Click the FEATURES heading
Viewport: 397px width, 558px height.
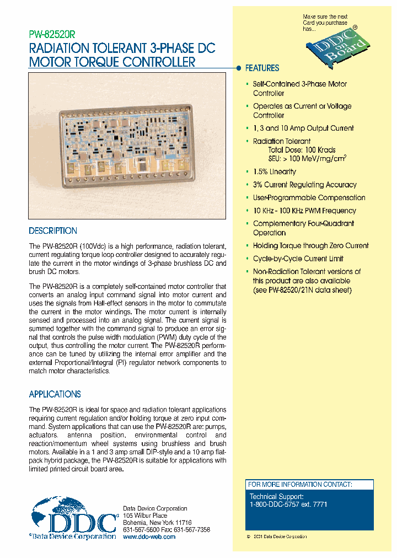pos(262,68)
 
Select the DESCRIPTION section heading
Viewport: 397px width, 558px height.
pos(53,231)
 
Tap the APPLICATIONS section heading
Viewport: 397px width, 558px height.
pos(55,394)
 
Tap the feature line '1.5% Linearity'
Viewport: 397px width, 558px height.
pos(274,172)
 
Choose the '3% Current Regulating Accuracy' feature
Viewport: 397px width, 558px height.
pos(304,185)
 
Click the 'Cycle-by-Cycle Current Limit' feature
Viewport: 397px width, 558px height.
pos(298,259)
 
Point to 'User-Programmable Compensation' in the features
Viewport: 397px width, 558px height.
pos(309,197)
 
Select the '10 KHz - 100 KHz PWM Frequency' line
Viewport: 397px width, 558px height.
pos(304,211)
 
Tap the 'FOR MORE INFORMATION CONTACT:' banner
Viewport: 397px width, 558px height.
pos(300,485)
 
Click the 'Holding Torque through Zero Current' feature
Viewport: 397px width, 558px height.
pos(310,246)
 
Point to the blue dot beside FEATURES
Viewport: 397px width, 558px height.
pos(239,68)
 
